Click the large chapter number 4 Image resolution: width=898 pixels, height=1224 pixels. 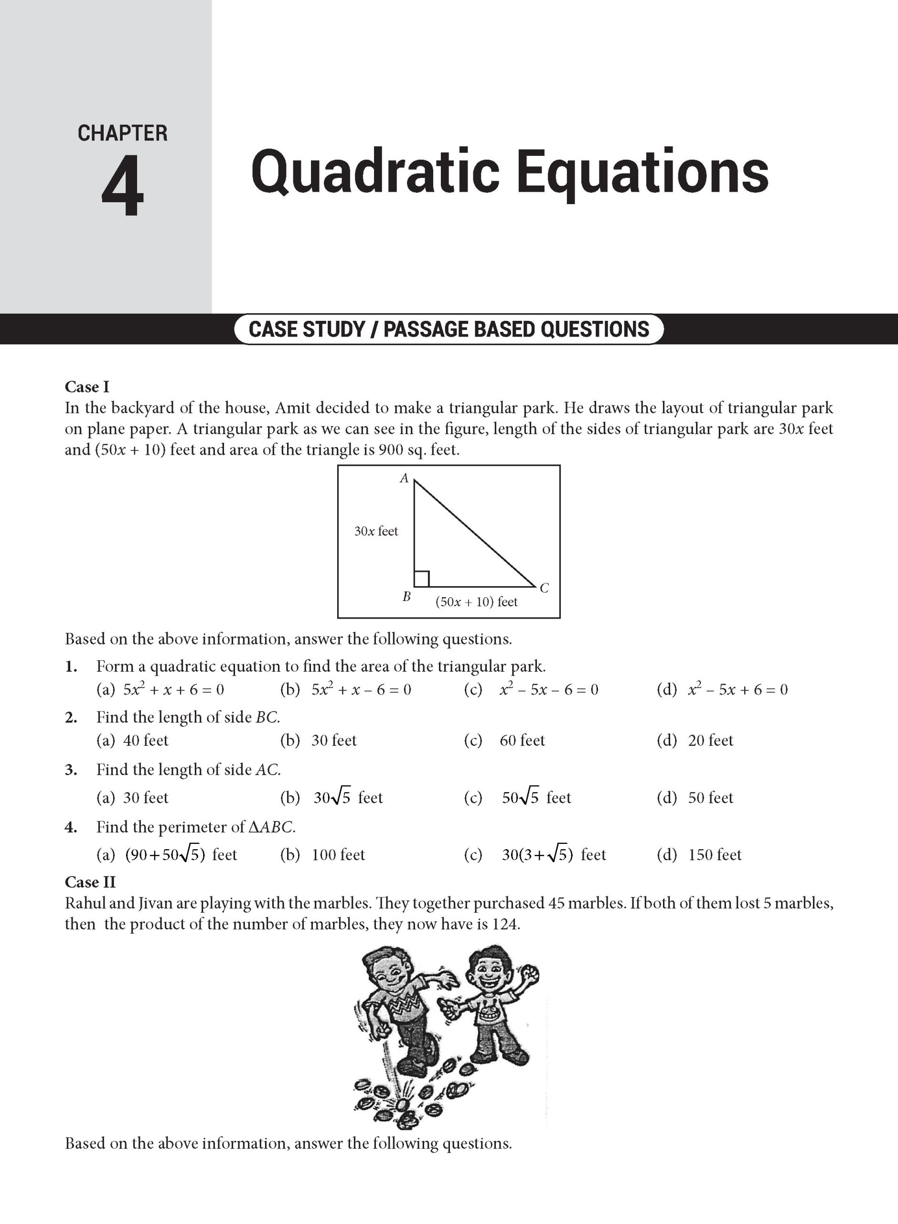123,186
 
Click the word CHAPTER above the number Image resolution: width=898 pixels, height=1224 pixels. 122,133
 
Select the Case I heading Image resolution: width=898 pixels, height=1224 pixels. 87,387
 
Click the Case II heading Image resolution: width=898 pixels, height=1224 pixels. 90,882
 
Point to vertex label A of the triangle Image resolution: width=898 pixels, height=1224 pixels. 404,478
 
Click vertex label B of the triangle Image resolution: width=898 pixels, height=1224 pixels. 406,597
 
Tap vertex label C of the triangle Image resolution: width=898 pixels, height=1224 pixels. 544,588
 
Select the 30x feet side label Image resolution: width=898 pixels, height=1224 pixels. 376,531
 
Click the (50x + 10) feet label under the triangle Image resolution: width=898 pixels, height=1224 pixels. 476,601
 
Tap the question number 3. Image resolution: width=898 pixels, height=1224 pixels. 71,770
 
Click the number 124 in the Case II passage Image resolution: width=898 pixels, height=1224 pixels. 505,924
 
